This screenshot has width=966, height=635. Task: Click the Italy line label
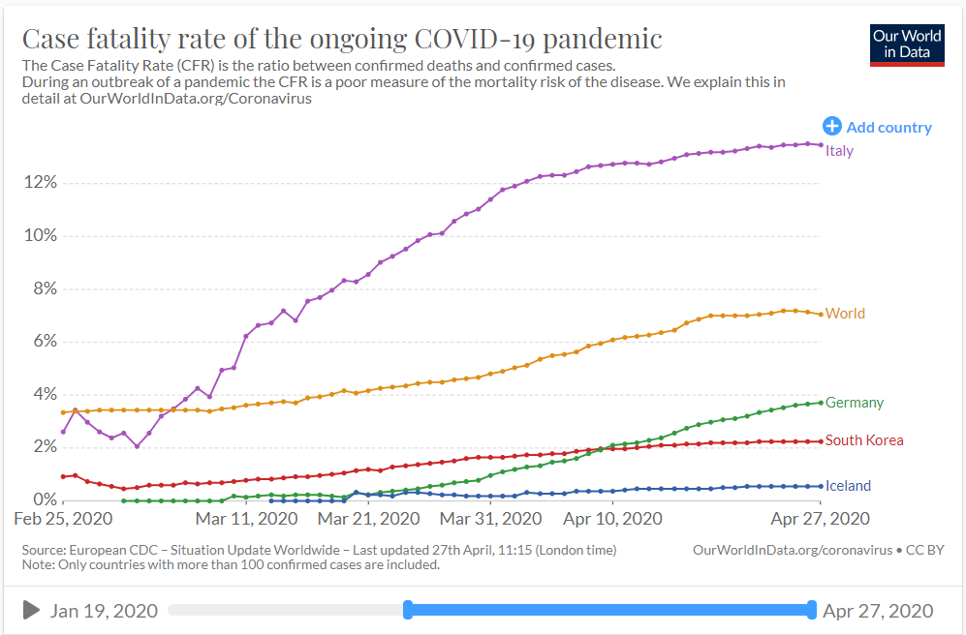tap(839, 151)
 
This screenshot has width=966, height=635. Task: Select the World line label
tap(845, 314)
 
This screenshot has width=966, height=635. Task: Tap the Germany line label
tap(855, 403)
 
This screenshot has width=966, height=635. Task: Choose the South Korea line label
tap(865, 440)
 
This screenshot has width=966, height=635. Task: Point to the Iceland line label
tap(848, 486)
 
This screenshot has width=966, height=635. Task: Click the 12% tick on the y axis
tap(39, 183)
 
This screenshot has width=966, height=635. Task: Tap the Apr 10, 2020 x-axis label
tap(614, 519)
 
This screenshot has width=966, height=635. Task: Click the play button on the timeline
tap(31, 610)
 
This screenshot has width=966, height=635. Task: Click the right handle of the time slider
tap(812, 610)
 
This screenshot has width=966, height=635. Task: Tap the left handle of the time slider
tap(408, 610)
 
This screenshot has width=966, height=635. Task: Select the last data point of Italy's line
tap(822, 145)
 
